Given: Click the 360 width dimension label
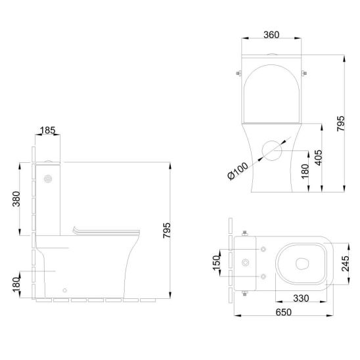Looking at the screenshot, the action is click(x=271, y=35).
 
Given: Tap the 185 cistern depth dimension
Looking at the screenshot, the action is click(x=47, y=131).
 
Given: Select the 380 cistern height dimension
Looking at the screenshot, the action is click(x=16, y=199).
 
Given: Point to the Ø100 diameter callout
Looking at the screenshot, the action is click(x=238, y=171).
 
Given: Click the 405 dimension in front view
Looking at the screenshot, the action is click(x=319, y=158).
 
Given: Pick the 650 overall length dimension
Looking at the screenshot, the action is click(x=284, y=312).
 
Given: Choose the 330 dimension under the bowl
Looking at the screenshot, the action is click(x=301, y=298).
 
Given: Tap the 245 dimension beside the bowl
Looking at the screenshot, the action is click(x=346, y=263).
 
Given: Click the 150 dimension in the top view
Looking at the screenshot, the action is click(x=217, y=263).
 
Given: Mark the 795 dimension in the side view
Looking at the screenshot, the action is click(x=167, y=231).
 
